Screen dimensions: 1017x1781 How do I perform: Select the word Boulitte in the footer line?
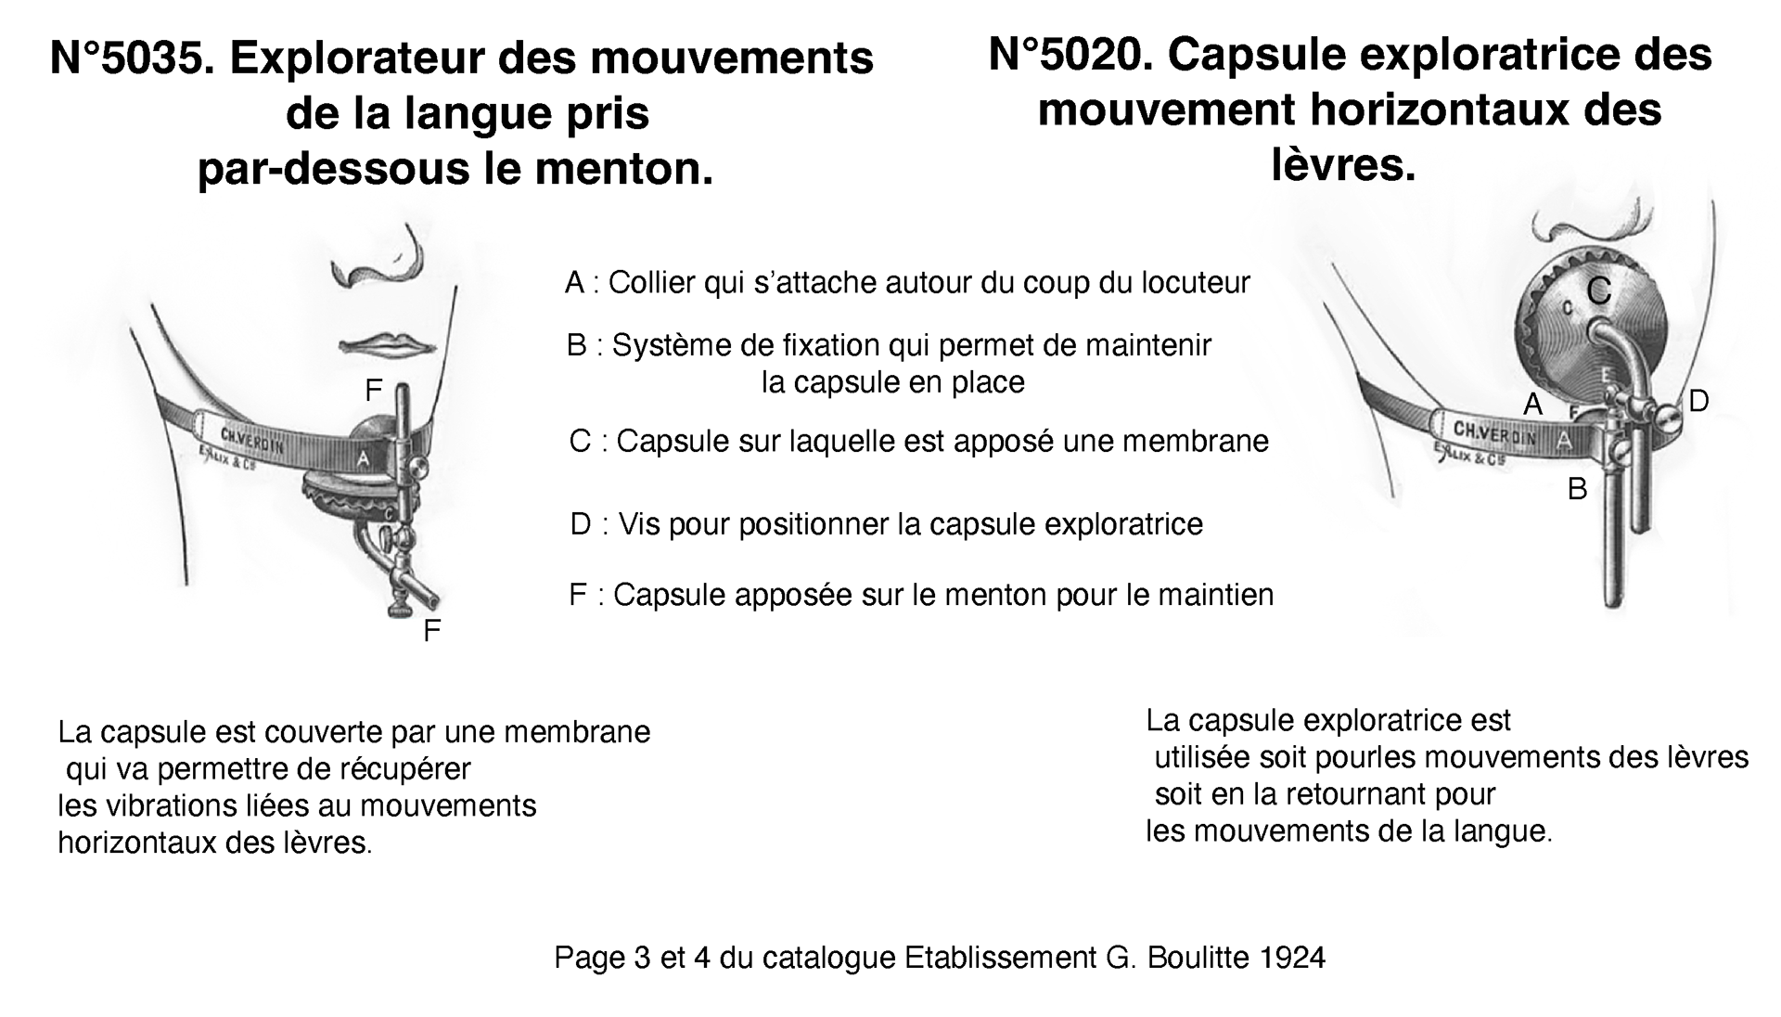pos(1198,958)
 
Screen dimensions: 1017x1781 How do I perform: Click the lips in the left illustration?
pos(388,344)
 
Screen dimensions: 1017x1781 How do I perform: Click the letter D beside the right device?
pos(1698,401)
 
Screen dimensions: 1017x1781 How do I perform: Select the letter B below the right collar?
pos(1577,489)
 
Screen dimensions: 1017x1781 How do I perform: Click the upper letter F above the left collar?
pos(373,392)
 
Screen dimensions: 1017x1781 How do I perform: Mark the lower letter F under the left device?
pos(431,632)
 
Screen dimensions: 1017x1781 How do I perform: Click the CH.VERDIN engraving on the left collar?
pos(252,440)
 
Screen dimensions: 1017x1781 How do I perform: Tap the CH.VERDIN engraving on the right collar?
pos(1494,432)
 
